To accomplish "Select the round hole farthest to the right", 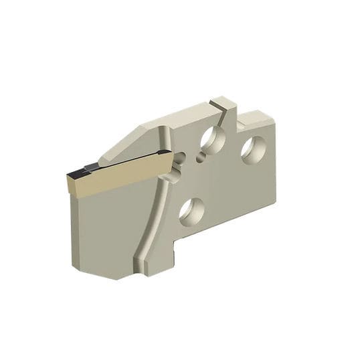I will [x=253, y=149].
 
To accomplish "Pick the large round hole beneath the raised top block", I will [x=213, y=140].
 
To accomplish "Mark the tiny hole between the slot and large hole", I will [x=199, y=158].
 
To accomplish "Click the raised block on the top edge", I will [x=223, y=104].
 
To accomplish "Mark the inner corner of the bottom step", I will [x=176, y=248].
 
